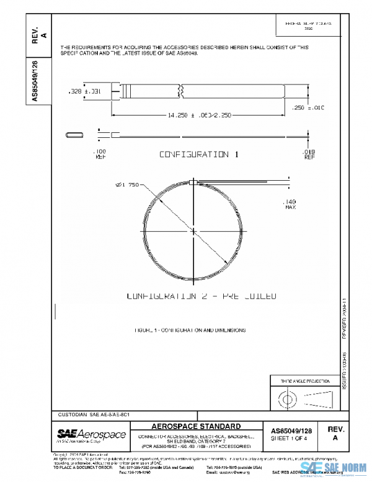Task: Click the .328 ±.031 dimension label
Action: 82,91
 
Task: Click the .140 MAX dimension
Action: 289,204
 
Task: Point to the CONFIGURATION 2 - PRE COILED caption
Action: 201,296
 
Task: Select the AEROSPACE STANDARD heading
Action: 197,426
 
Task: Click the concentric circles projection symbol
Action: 287,397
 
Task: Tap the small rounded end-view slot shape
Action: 74,134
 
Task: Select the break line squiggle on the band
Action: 181,91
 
